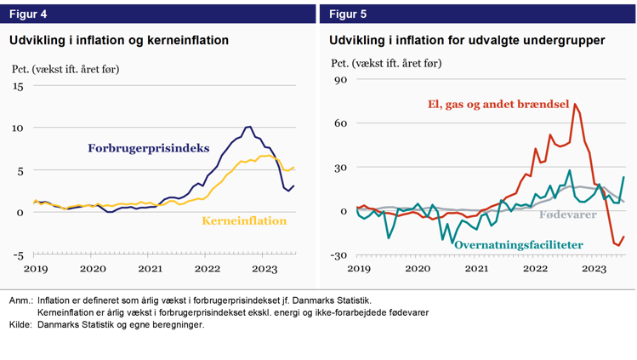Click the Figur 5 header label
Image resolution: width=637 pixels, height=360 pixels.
click(348, 14)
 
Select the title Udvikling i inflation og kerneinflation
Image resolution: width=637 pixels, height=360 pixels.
click(118, 40)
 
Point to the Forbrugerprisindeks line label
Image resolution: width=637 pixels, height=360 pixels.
click(148, 148)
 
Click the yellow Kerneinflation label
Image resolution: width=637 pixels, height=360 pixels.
click(244, 221)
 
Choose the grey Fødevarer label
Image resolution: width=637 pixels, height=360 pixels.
click(569, 214)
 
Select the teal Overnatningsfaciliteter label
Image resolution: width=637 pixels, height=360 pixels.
click(519, 245)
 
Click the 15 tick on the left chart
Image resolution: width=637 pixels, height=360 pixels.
click(17, 87)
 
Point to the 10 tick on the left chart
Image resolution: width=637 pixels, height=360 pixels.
click(17, 129)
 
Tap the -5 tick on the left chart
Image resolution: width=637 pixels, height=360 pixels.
click(17, 255)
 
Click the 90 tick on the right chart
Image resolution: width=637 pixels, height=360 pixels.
click(340, 80)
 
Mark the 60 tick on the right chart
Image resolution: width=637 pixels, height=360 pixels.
click(340, 124)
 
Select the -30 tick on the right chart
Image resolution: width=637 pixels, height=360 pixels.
click(338, 256)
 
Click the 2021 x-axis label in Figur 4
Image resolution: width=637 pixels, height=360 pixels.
click(151, 269)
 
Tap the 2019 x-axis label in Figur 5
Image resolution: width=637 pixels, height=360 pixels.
click(358, 269)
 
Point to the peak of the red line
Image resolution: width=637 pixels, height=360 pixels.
click(576, 105)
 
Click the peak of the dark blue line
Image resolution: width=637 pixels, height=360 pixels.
click(248, 127)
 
